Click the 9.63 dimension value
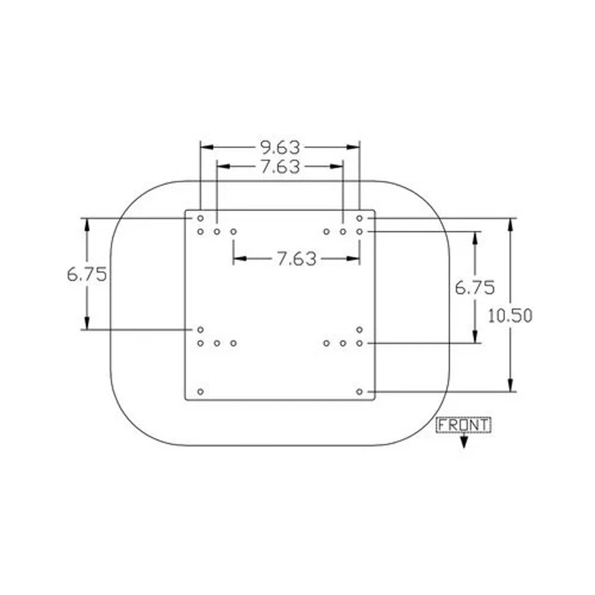click(x=280, y=147)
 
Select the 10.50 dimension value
click(x=510, y=316)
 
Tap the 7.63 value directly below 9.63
click(x=280, y=167)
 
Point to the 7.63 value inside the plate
click(x=297, y=259)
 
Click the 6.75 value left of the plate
click(x=87, y=274)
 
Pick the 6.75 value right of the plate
click(x=475, y=288)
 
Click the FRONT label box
click(x=463, y=425)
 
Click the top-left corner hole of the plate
click(x=200, y=218)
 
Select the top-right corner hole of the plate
click(x=359, y=218)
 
